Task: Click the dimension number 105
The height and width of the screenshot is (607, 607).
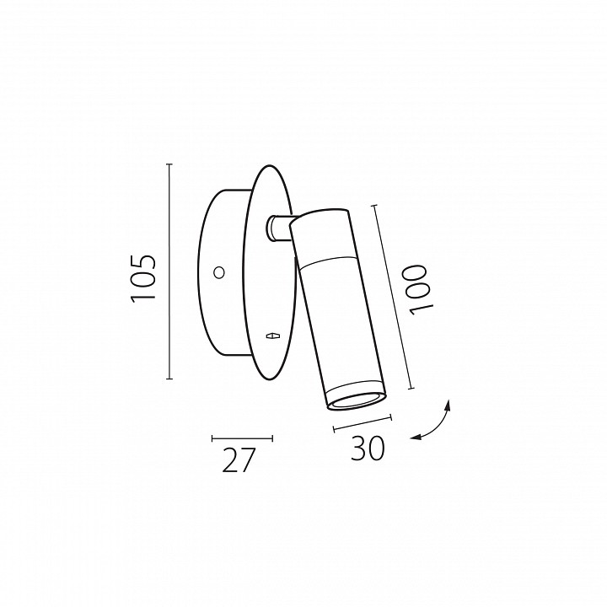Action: (143, 278)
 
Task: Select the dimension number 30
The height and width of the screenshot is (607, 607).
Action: (368, 449)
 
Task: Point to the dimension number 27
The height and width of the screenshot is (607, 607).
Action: (239, 460)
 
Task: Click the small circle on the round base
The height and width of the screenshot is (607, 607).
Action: (219, 272)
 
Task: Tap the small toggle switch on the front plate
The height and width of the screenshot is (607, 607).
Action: (273, 336)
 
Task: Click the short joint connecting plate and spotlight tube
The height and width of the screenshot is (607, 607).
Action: (279, 228)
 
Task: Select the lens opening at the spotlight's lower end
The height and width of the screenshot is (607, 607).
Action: (357, 401)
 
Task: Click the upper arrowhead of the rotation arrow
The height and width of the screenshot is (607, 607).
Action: (449, 405)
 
